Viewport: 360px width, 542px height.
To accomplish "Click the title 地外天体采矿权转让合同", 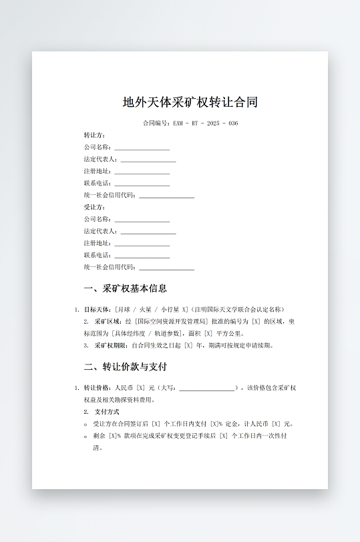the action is click(x=190, y=102).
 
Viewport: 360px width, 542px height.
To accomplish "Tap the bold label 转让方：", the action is click(x=95, y=135).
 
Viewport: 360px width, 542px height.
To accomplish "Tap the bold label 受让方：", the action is click(x=95, y=207).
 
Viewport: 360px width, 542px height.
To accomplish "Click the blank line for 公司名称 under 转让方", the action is click(x=142, y=149).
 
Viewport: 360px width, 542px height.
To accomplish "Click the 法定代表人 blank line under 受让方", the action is click(x=148, y=232).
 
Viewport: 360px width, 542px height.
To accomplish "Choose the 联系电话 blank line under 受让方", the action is click(x=142, y=256).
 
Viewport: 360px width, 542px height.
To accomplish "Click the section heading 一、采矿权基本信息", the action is click(x=125, y=288).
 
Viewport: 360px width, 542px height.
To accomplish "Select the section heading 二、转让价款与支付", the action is click(x=125, y=366).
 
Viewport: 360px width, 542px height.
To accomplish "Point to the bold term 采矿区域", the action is click(x=108, y=322).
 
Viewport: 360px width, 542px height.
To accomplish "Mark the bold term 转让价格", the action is click(x=97, y=388).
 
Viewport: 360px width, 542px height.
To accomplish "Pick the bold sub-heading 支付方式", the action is click(x=107, y=412).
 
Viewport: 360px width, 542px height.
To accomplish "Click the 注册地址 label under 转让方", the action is click(x=98, y=171).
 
